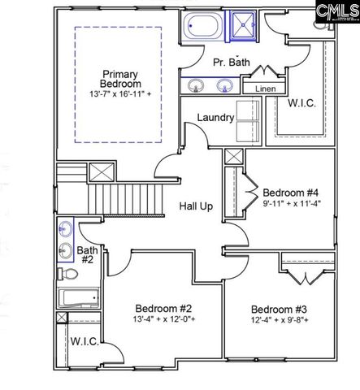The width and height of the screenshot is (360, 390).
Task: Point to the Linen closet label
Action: point(265,89)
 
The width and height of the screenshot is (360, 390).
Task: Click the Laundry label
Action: point(215,117)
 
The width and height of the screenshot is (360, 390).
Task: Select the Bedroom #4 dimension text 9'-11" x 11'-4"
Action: point(293,204)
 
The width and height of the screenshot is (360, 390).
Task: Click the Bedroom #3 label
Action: point(278,309)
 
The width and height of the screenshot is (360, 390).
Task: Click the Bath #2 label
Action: point(87,254)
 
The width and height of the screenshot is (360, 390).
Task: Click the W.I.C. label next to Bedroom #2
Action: point(85,342)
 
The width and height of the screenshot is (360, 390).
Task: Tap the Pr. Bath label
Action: point(231,62)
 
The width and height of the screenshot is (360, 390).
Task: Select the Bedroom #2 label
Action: point(163,309)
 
